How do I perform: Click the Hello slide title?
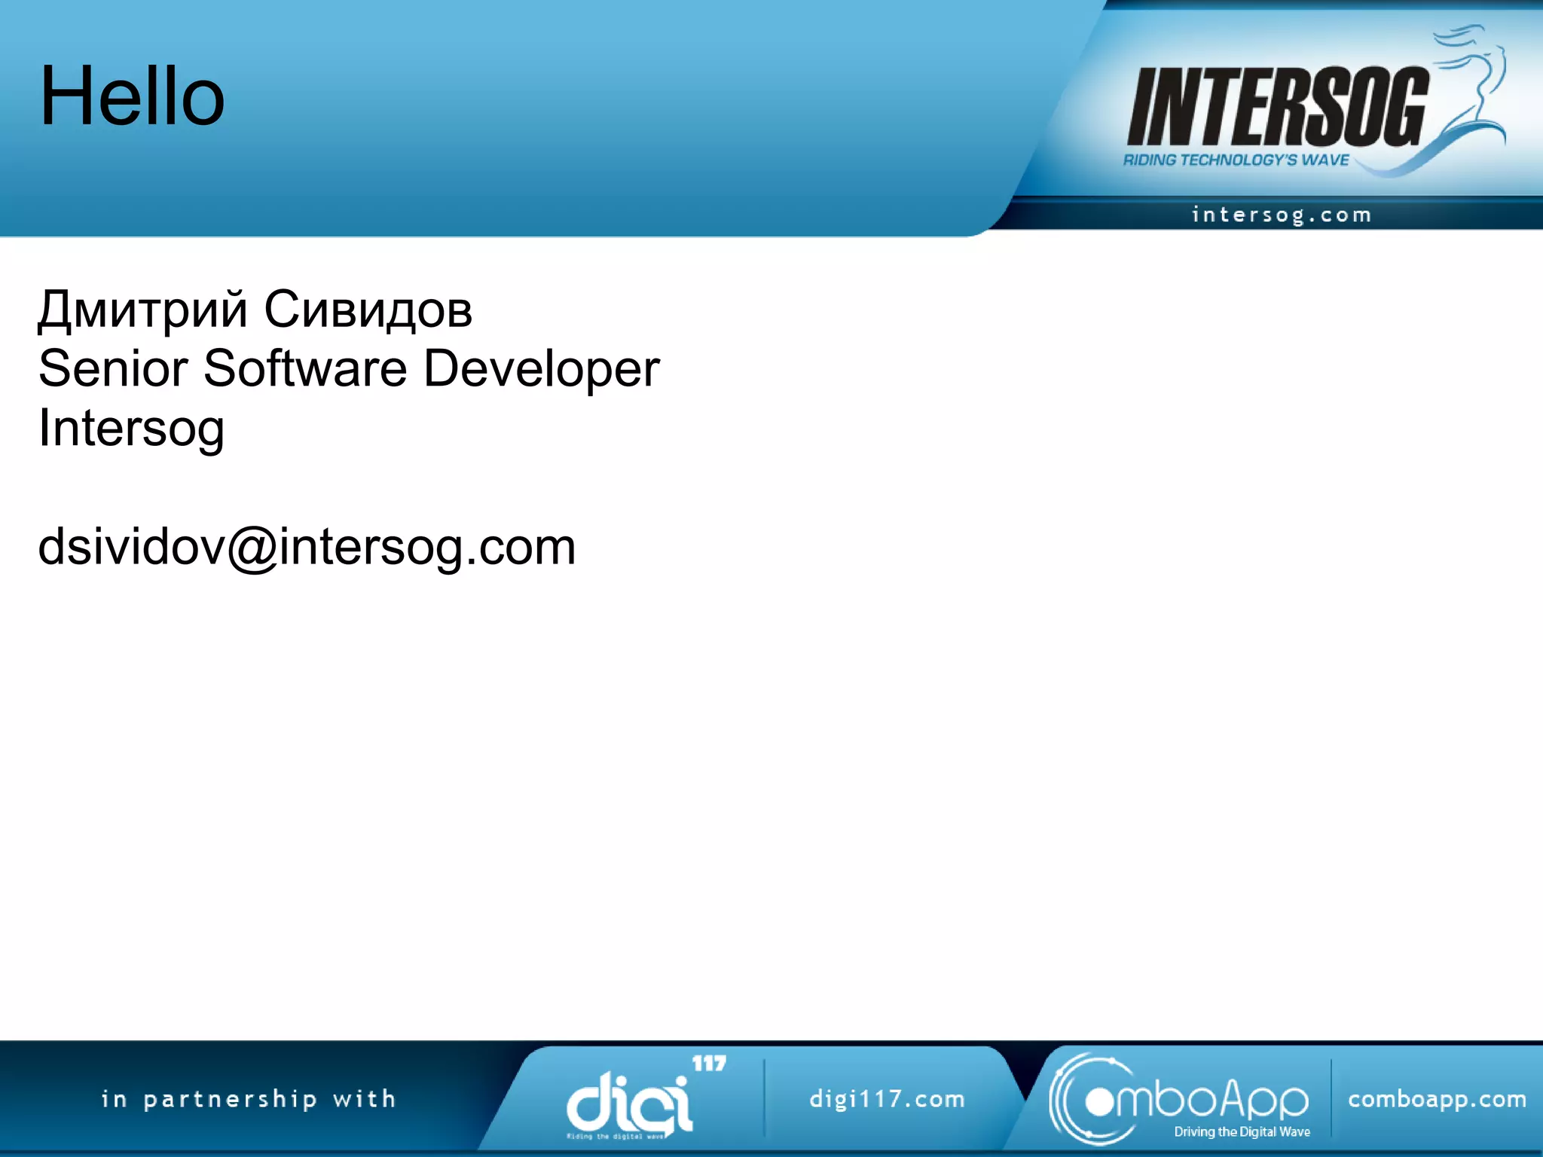coord(132,96)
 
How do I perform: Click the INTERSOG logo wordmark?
coord(1277,107)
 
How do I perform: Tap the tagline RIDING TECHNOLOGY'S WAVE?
coord(1236,160)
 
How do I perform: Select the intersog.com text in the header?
coord(1281,215)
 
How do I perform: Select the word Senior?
coord(113,368)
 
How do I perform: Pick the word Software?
coord(305,368)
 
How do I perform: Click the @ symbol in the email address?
coord(252,548)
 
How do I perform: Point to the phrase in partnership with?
coord(249,1099)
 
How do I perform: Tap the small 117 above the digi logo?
coord(708,1063)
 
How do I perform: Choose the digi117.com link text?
coord(887,1099)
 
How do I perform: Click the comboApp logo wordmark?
coord(1198,1101)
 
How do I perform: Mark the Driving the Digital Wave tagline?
coord(1242,1131)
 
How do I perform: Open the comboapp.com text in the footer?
coord(1437,1099)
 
